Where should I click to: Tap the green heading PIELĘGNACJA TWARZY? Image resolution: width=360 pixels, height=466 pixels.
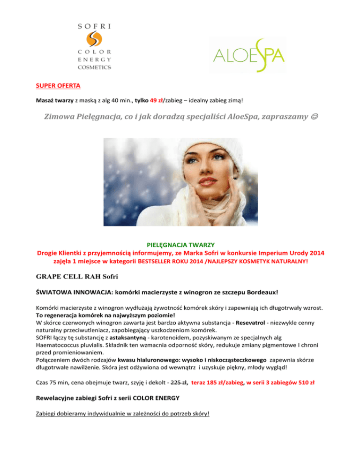coord(180,244)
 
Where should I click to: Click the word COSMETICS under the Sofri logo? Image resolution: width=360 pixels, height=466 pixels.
coord(94,67)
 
